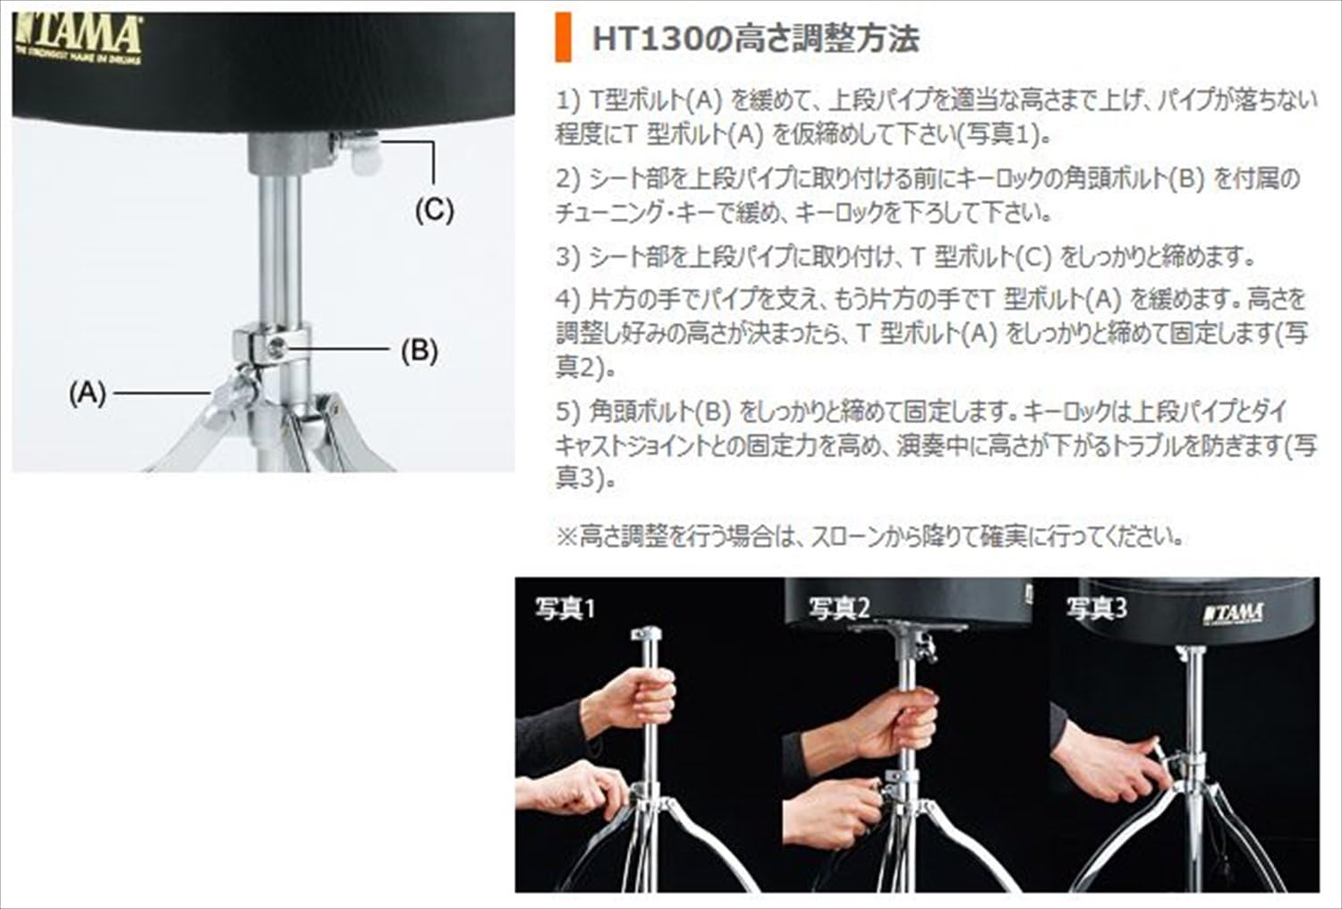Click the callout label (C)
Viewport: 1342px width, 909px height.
pyautogui.click(x=435, y=210)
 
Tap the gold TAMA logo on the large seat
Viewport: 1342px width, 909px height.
pyautogui.click(x=78, y=40)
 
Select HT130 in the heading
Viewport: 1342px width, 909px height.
pyautogui.click(x=644, y=39)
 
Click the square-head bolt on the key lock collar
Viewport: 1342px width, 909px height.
pyautogui.click(x=276, y=348)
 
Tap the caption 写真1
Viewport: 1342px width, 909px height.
pyautogui.click(x=565, y=609)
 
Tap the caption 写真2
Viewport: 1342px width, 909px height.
pyautogui.click(x=839, y=608)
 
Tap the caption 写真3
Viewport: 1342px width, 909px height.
pyautogui.click(x=1096, y=608)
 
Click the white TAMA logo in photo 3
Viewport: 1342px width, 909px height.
pyautogui.click(x=1234, y=614)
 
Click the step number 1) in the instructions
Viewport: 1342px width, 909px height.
pyautogui.click(x=568, y=101)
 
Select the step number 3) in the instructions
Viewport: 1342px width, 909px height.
pyautogui.click(x=568, y=257)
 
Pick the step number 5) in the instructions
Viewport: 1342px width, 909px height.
pyautogui.click(x=568, y=412)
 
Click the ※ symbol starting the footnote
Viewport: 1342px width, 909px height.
pyautogui.click(x=566, y=536)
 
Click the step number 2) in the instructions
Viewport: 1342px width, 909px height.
pyautogui.click(x=568, y=179)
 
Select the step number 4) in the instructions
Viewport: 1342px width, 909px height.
pyautogui.click(x=568, y=300)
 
